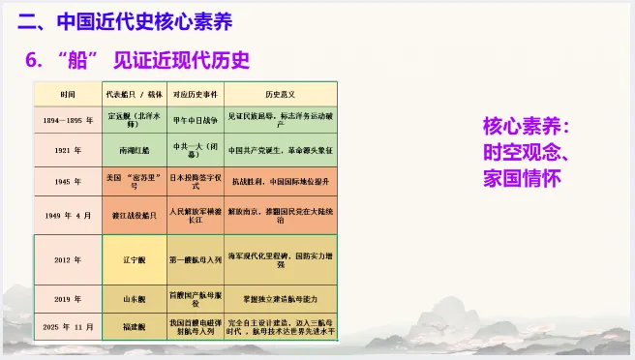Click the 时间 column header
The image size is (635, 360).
(x=67, y=95)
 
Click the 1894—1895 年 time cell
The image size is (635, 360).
(x=67, y=122)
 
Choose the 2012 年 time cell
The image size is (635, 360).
(x=67, y=260)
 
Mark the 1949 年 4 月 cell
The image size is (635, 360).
(x=67, y=214)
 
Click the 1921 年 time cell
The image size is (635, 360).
(x=67, y=151)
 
